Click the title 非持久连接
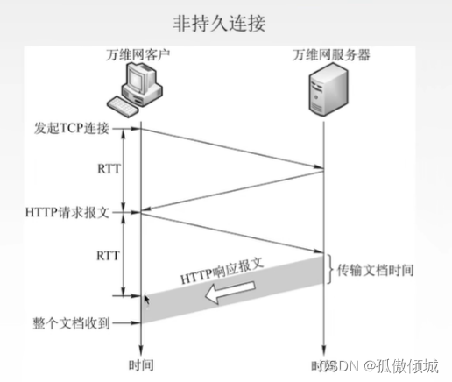coord(225,22)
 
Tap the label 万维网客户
coord(133,55)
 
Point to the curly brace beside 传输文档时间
coord(331,270)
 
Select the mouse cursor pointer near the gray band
coord(147,300)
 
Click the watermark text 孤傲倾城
coord(408,364)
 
